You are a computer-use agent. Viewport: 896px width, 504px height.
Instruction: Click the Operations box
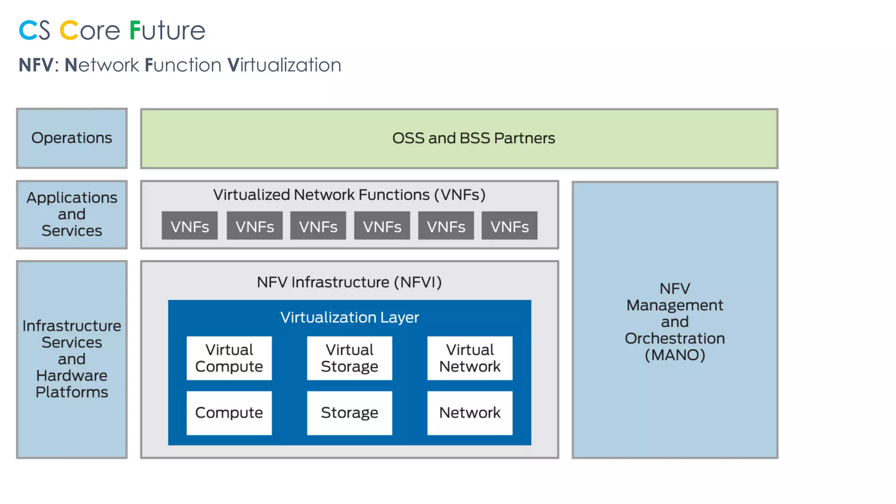pyautogui.click(x=72, y=138)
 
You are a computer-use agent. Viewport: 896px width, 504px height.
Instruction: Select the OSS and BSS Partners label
pyautogui.click(x=473, y=138)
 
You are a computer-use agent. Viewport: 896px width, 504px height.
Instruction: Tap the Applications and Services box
pyautogui.click(x=72, y=214)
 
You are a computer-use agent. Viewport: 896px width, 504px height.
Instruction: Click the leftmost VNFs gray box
pyautogui.click(x=189, y=226)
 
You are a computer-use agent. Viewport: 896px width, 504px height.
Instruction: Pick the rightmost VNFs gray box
pyautogui.click(x=509, y=226)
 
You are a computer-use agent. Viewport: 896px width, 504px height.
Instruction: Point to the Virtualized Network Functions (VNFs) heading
pyautogui.click(x=349, y=195)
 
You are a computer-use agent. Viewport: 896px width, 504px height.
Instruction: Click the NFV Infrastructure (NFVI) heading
pyautogui.click(x=349, y=282)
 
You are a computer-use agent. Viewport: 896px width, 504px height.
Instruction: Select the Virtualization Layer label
pyautogui.click(x=349, y=317)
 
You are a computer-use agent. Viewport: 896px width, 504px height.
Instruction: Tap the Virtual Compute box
pyautogui.click(x=229, y=358)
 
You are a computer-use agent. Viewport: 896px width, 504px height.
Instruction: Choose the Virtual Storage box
pyautogui.click(x=349, y=358)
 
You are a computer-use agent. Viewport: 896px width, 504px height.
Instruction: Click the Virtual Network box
pyautogui.click(x=469, y=358)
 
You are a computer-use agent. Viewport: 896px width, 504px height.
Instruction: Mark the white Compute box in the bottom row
pyautogui.click(x=229, y=413)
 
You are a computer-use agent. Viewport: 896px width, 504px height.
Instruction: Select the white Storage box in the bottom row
pyautogui.click(x=349, y=413)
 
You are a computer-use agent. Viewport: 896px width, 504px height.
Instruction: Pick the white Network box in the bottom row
pyautogui.click(x=469, y=413)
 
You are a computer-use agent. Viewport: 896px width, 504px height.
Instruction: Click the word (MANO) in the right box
pyautogui.click(x=675, y=355)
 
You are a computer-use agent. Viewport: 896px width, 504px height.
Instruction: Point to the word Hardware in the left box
pyautogui.click(x=72, y=375)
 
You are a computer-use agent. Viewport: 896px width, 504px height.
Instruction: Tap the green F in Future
pyautogui.click(x=135, y=31)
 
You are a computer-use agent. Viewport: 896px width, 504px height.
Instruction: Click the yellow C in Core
pyautogui.click(x=69, y=31)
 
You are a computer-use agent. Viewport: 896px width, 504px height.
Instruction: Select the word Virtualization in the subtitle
pyautogui.click(x=284, y=65)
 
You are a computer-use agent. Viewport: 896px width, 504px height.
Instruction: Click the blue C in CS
pyautogui.click(x=28, y=31)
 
